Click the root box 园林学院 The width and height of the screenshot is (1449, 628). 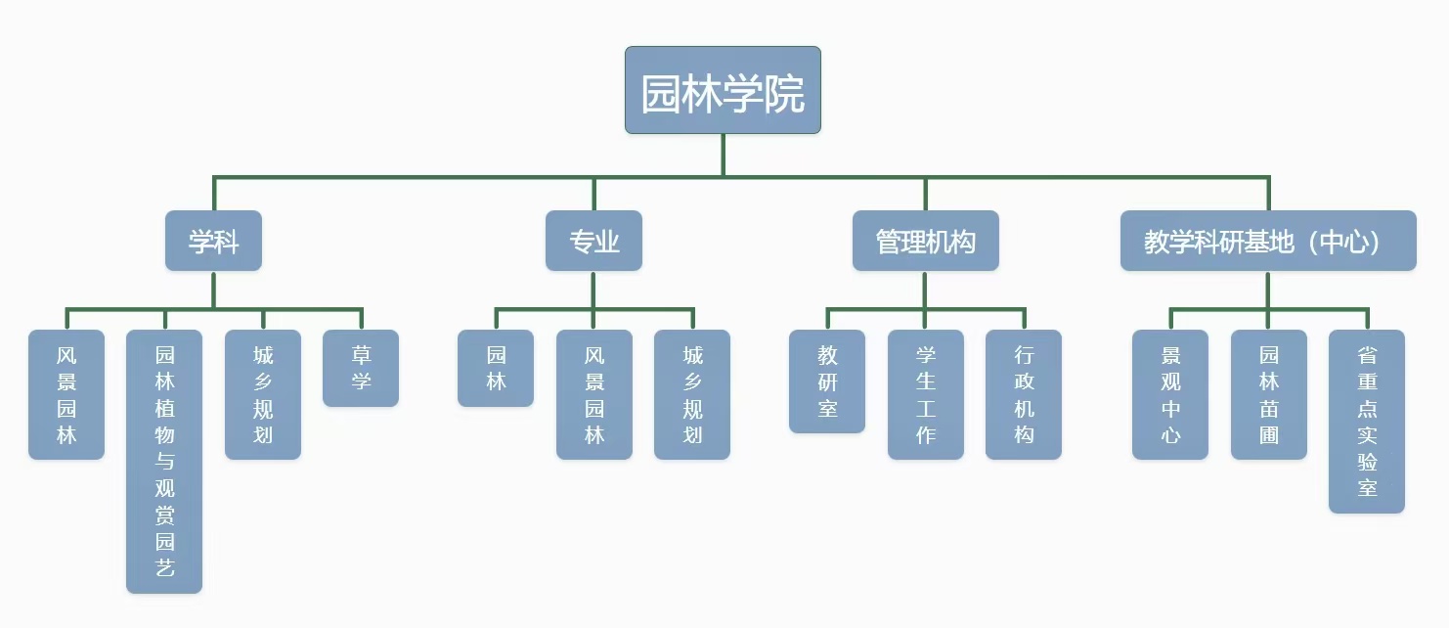click(723, 90)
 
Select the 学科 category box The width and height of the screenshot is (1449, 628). click(213, 241)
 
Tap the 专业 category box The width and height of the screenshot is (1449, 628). click(593, 241)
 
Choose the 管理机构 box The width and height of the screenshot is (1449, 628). click(925, 241)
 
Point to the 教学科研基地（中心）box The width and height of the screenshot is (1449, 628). click(1267, 241)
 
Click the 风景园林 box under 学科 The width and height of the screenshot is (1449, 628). click(66, 394)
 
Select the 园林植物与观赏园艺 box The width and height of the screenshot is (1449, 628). click(164, 461)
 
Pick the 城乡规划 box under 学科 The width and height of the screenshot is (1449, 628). click(263, 394)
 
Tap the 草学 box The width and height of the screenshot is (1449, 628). click(361, 368)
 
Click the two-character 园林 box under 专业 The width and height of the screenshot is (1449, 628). click(496, 368)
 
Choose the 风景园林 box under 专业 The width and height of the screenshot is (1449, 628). click(594, 394)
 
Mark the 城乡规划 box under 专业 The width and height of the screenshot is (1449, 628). click(692, 394)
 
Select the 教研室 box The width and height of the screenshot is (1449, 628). click(827, 381)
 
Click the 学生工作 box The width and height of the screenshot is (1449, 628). click(926, 394)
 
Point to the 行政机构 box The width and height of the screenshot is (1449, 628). click(1024, 394)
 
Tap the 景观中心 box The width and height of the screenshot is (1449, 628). click(1170, 394)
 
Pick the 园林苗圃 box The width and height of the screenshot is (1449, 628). click(1269, 394)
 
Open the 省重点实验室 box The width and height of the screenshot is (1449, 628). click(1367, 421)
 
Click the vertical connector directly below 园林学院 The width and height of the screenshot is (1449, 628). click(724, 155)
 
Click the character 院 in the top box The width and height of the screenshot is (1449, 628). click(785, 94)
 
